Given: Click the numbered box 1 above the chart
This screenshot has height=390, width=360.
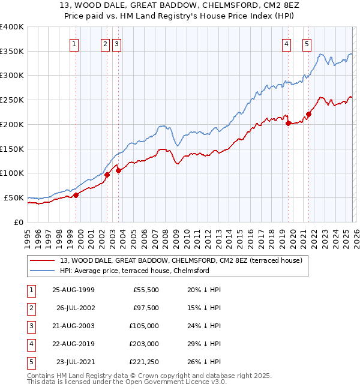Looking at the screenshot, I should pyautogui.click(x=74, y=43).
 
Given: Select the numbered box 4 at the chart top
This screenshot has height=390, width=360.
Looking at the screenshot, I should pyautogui.click(x=286, y=43).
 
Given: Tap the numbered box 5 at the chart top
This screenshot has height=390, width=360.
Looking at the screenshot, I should pyautogui.click(x=307, y=43).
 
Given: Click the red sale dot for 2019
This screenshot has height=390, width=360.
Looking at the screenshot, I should pyautogui.click(x=289, y=123).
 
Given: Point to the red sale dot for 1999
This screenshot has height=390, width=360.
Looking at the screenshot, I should pyautogui.click(x=76, y=195).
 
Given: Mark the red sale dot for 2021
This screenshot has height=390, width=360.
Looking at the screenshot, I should pyautogui.click(x=309, y=114).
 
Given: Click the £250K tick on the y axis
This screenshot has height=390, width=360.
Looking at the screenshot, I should pyautogui.click(x=12, y=100).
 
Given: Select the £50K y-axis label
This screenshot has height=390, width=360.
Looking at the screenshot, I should pyautogui.click(x=14, y=197).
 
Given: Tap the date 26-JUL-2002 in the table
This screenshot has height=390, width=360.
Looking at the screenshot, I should pyautogui.click(x=75, y=308).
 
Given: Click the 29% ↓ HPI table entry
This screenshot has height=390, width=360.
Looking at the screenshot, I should pyautogui.click(x=205, y=344).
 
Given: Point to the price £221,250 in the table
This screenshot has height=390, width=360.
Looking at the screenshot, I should pyautogui.click(x=143, y=362).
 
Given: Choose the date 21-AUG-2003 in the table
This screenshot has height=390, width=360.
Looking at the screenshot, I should pyautogui.click(x=74, y=326).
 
